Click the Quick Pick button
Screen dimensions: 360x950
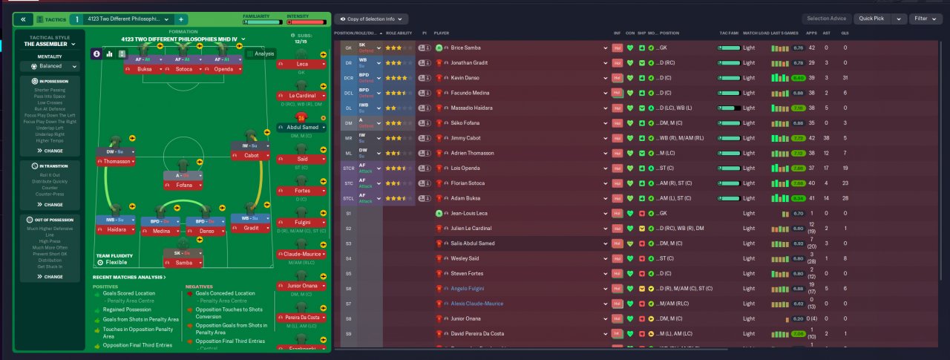tap(871, 19)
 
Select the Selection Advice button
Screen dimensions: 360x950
tap(826, 19)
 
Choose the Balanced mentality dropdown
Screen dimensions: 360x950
tap(50, 65)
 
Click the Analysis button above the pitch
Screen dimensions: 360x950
tap(261, 53)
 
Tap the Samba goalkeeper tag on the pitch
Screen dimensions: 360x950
tap(183, 264)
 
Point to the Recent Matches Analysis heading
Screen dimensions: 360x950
tap(129, 277)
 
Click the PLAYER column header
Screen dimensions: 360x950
tap(442, 33)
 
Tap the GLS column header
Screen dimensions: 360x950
tap(845, 33)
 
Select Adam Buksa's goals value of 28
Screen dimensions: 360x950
tap(845, 198)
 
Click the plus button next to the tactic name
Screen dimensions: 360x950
tap(182, 19)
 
